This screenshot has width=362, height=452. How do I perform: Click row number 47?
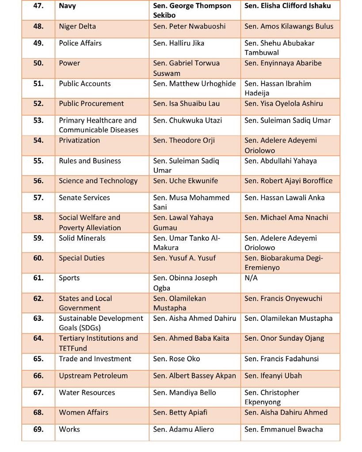(x=38, y=6)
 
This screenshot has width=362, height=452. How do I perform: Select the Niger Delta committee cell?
(x=77, y=26)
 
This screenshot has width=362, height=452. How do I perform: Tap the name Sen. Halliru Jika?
(x=179, y=43)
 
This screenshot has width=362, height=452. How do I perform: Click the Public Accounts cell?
(x=85, y=84)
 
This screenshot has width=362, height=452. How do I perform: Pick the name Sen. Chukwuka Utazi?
(x=187, y=121)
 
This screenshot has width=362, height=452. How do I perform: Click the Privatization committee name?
(x=80, y=140)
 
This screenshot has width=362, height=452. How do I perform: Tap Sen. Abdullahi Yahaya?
(x=280, y=161)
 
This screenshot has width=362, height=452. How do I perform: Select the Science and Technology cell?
(x=98, y=181)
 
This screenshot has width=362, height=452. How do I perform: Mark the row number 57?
(x=38, y=198)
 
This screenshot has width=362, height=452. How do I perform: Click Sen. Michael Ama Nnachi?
(x=286, y=218)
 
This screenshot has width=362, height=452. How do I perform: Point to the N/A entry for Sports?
(x=251, y=278)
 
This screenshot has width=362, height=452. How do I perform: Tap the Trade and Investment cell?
(x=95, y=359)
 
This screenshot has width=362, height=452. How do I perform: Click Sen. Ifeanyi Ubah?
(x=273, y=376)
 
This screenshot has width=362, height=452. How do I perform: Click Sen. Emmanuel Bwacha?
(x=283, y=429)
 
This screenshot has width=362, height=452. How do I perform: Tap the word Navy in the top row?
(x=67, y=6)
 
